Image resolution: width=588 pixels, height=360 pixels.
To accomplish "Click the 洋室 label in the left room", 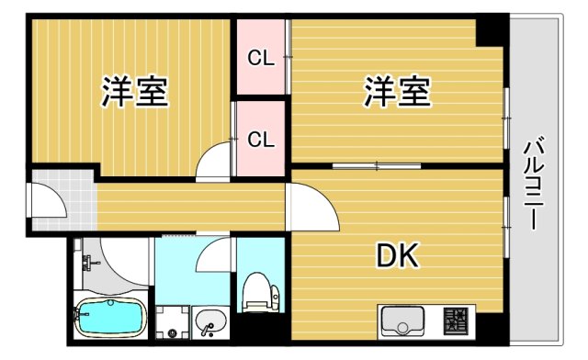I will (134, 93).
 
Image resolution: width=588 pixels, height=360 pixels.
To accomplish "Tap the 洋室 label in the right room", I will (398, 93).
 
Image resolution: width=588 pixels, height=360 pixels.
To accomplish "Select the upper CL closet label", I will (261, 58).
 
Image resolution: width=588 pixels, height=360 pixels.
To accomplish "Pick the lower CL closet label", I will (261, 140).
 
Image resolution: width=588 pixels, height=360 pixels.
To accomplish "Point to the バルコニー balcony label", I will (533, 184).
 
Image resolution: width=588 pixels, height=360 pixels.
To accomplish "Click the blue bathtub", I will (109, 319).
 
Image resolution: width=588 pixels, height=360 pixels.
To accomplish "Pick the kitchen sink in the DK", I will (401, 323).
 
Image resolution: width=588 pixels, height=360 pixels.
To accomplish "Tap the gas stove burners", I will (453, 321).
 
